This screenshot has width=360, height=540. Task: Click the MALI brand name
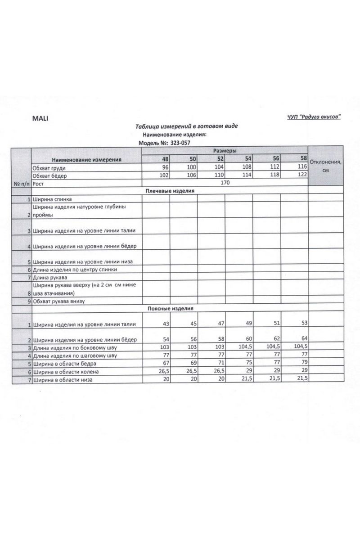pyautogui.click(x=40, y=118)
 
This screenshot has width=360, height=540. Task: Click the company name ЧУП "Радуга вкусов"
pyautogui.click(x=314, y=117)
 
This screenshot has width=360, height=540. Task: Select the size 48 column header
pyautogui.click(x=166, y=159)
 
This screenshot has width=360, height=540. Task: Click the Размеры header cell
pyautogui.click(x=225, y=151)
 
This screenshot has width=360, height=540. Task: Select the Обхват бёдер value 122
pyautogui.click(x=301, y=175)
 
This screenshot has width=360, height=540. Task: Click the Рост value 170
pyautogui.click(x=225, y=183)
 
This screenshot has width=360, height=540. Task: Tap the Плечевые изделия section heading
pyautogui.click(x=170, y=191)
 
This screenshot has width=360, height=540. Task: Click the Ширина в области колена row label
pyautogui.click(x=65, y=372)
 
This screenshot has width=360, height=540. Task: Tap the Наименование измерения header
pyautogui.click(x=86, y=160)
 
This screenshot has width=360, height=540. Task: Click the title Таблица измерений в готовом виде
pyautogui.click(x=186, y=126)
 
